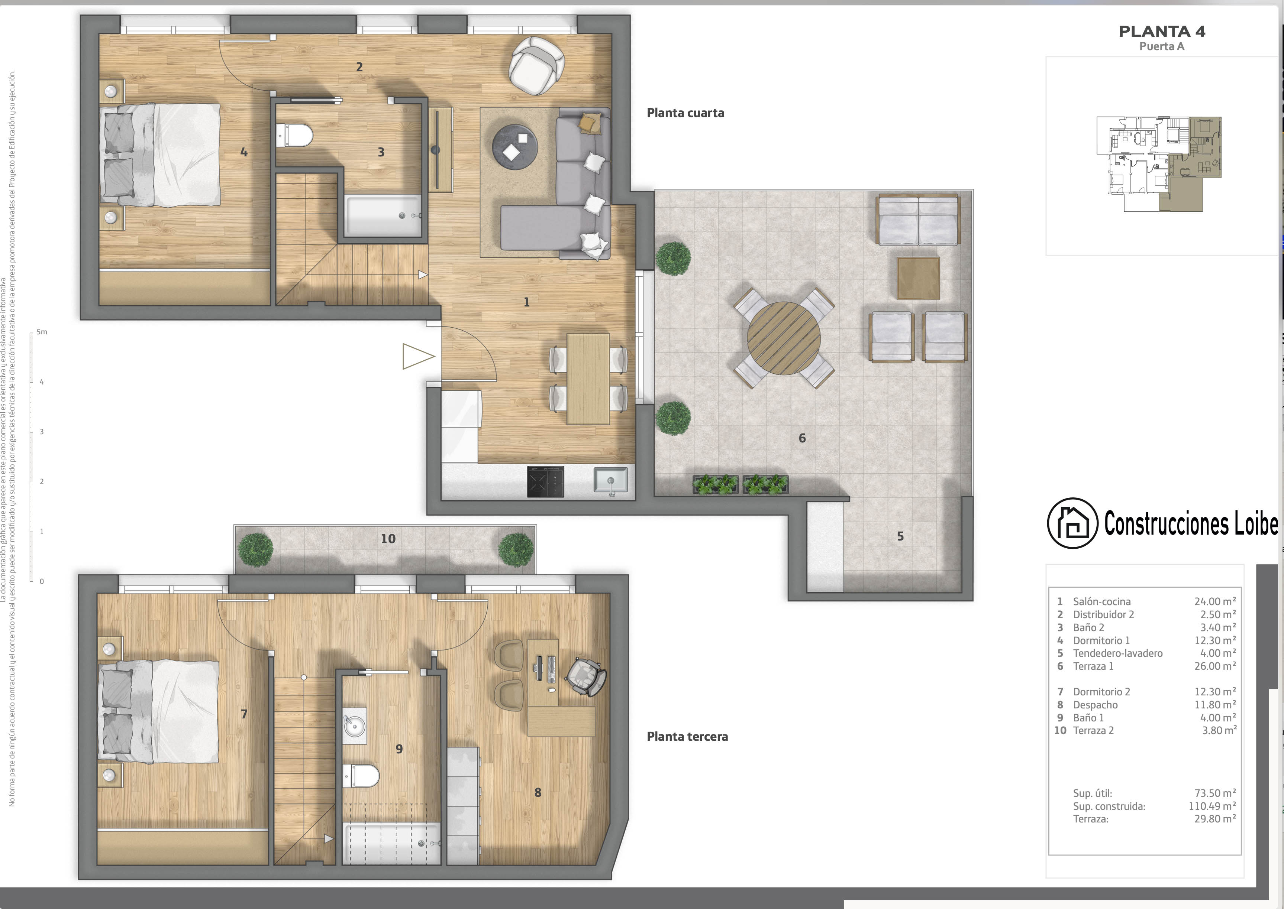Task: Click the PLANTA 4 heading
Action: [1162, 31]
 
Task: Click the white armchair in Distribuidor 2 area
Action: [536, 65]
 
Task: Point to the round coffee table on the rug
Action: [514, 147]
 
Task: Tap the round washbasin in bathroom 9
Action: [355, 727]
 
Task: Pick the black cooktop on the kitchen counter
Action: [545, 481]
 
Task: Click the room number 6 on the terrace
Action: [802, 438]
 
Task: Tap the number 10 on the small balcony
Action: [388, 539]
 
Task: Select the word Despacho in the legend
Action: [1095, 705]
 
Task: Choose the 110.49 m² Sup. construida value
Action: [1212, 806]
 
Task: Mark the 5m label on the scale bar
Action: [42, 332]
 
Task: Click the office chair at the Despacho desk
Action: [586, 677]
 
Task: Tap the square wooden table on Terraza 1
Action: [918, 278]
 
